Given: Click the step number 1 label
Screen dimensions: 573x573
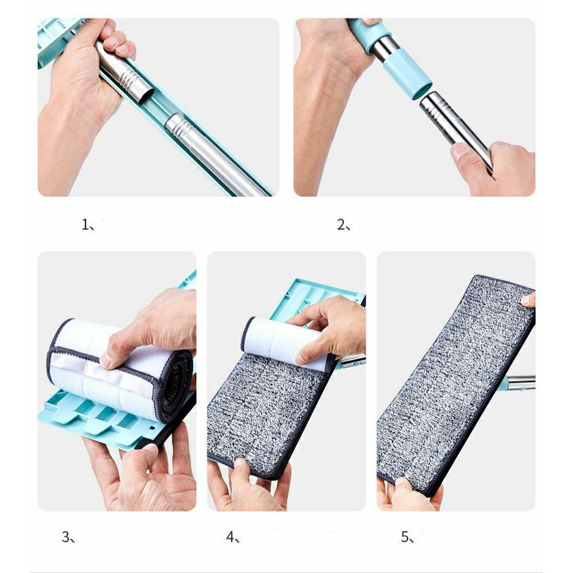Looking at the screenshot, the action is pyautogui.click(x=88, y=224).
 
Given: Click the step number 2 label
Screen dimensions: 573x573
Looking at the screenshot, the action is pyautogui.click(x=343, y=224).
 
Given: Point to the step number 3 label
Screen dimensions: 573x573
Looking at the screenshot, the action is pyautogui.click(x=68, y=537).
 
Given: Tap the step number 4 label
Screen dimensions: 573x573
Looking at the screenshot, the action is pyautogui.click(x=232, y=537).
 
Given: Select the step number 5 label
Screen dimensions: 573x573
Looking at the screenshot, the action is pyautogui.click(x=408, y=537).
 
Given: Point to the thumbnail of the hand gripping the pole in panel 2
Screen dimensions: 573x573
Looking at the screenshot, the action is pyautogui.click(x=459, y=151).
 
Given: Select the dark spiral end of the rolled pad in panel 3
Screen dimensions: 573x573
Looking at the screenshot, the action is pyautogui.click(x=176, y=386).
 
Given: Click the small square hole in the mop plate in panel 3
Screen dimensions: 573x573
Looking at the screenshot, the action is pyautogui.click(x=152, y=428).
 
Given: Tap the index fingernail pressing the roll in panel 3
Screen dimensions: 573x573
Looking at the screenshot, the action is pyautogui.click(x=105, y=360).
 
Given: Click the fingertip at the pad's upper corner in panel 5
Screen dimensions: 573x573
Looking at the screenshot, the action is pyautogui.click(x=529, y=300).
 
